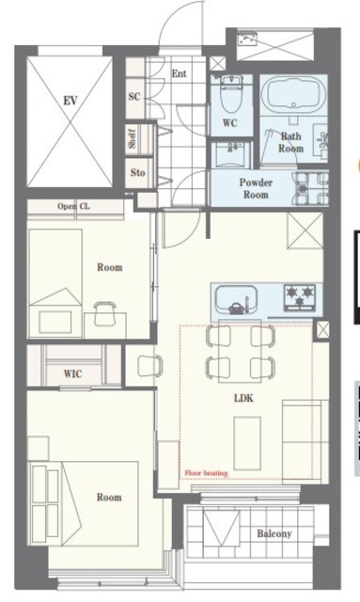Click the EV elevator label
point(70,101)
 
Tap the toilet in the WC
point(231,93)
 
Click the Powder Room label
point(256,188)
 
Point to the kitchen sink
point(236,299)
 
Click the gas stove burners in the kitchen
point(299,297)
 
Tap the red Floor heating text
point(206,473)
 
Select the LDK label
point(243,398)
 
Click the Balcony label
point(274,533)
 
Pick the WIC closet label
point(72,373)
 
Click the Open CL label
point(73,206)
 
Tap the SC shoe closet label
point(134,96)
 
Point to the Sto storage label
point(138,173)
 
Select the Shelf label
point(132,138)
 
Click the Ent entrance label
point(179,73)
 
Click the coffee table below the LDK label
point(247,443)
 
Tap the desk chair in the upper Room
point(105,313)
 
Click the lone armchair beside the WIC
point(149,366)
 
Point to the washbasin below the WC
point(232,154)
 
